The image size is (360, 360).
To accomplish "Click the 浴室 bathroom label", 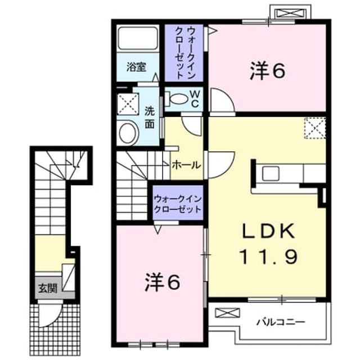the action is (136, 67).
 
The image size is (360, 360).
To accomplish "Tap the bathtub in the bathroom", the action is (137, 38).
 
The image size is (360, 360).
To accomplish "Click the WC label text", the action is (195, 99).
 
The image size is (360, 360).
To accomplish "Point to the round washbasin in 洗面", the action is (128, 133).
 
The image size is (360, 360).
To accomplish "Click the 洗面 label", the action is (150, 118).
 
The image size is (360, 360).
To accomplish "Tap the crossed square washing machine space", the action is (128, 103).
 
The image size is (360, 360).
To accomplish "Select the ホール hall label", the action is (186, 165).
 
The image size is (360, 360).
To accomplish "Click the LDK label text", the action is (269, 231).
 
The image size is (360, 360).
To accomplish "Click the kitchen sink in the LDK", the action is (271, 174).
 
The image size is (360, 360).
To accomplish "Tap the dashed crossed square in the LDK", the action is (315, 128).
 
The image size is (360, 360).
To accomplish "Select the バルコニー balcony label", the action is (281, 322).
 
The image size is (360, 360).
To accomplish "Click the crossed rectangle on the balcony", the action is (227, 313).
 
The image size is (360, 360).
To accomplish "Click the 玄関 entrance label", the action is (47, 288).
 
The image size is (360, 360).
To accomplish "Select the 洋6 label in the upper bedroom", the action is (268, 71).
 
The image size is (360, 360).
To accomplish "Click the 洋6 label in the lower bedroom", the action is (163, 282).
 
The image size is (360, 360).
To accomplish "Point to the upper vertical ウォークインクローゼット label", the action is (184, 53).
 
